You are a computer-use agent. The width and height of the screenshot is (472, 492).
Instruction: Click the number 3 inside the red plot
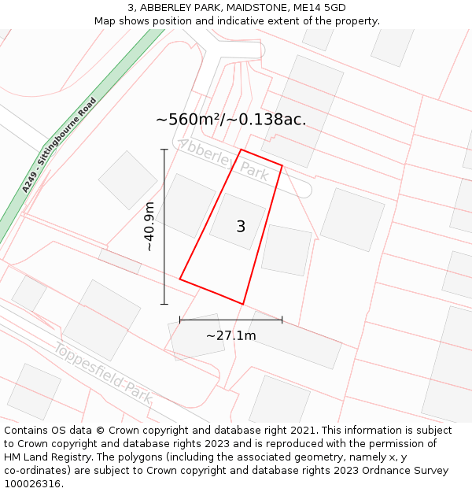(x=241, y=227)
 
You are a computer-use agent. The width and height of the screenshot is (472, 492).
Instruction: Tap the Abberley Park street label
(x=223, y=160)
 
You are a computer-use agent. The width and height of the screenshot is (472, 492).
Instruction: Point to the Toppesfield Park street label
(x=102, y=374)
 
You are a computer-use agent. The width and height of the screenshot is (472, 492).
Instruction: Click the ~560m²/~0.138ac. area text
(x=230, y=120)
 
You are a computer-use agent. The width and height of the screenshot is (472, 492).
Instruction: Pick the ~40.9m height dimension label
(x=149, y=226)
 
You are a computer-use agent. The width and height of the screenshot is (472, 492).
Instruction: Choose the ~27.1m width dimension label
(x=230, y=336)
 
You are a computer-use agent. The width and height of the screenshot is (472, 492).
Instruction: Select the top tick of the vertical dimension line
(x=164, y=150)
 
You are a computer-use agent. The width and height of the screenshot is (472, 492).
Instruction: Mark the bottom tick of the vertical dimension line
(x=164, y=304)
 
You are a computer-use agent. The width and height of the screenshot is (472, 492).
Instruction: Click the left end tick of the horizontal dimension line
(x=180, y=320)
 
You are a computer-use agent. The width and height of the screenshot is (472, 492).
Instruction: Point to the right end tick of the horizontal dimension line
(x=282, y=320)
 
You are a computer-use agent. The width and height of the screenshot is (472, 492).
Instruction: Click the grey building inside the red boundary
(x=236, y=220)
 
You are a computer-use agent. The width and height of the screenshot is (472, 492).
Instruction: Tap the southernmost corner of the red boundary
(x=242, y=304)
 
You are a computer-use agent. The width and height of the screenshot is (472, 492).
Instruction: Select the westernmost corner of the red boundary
(x=180, y=279)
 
